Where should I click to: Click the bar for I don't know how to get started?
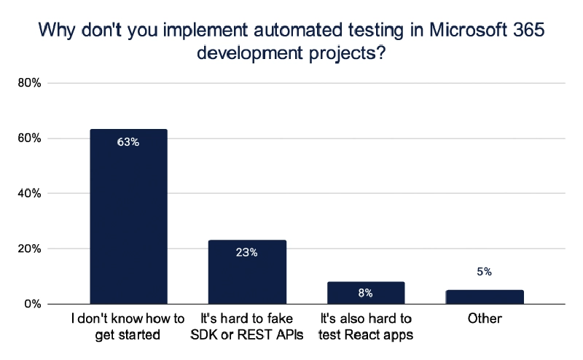tap(128, 219)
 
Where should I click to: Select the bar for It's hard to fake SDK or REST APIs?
tap(247, 273)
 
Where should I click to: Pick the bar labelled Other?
tap(485, 297)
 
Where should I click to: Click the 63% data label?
tap(128, 142)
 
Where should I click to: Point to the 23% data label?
tap(247, 253)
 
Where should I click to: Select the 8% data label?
tap(366, 293)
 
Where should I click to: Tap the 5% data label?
tap(485, 272)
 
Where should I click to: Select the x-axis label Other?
tap(485, 318)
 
